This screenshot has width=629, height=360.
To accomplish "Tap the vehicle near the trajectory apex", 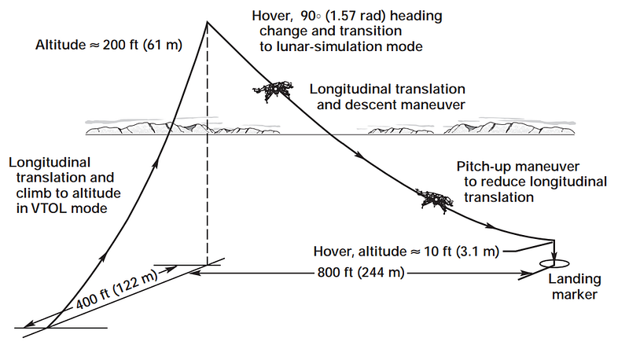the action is point(273,91).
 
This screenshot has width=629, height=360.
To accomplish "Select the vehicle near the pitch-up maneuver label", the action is point(435,199).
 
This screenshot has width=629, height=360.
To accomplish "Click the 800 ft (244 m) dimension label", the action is point(361,273).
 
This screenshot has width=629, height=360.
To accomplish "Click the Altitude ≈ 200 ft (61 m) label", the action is point(109,45).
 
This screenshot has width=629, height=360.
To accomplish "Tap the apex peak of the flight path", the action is point(207,22).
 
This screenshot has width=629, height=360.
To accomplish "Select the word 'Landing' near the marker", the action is point(575,279).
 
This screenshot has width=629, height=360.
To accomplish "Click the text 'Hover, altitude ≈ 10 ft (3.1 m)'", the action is point(406,252).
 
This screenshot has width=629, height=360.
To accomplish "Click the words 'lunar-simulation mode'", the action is point(341,46).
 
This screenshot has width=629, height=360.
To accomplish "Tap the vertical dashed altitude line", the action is point(208,145).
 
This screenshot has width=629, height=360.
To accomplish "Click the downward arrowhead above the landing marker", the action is point(554,256).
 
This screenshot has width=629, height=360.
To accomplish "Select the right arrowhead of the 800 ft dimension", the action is point(525,274).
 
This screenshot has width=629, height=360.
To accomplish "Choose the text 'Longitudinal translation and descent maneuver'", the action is point(388,97).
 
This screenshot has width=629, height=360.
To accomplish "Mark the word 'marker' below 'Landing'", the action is point(575,295).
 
